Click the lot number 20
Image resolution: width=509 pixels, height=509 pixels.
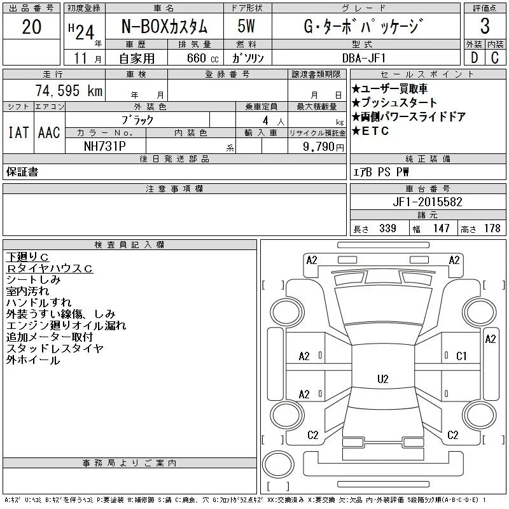tap(31, 27)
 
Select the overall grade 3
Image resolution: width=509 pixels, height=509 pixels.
tap(485, 26)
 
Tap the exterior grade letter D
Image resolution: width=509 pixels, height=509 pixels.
tap(474, 58)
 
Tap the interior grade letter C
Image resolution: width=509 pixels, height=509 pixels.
tap(495, 58)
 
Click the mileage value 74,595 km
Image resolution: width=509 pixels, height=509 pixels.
tap(69, 90)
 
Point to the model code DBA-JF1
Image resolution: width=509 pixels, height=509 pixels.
tap(364, 58)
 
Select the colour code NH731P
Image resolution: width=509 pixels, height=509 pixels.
tap(104, 146)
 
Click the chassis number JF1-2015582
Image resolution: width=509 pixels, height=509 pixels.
tap(428, 202)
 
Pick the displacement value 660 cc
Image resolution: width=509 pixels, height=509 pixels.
tap(202, 59)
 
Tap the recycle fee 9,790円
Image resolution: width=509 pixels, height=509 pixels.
tap(323, 146)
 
